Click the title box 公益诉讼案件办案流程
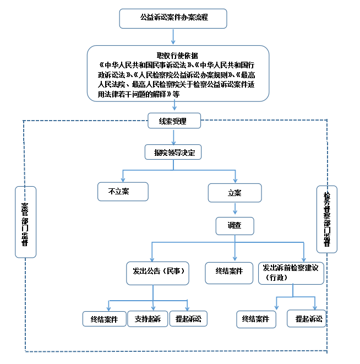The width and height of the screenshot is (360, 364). point(173,18)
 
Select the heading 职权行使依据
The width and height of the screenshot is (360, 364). point(177,55)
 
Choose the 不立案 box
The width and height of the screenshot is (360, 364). point(122,192)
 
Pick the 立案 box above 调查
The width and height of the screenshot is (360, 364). point(235,193)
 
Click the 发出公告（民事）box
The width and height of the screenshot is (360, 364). point(158,271)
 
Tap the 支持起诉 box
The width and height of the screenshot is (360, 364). point(148,319)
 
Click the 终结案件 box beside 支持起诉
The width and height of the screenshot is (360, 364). point(105,319)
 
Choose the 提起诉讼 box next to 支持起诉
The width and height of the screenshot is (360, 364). point(188,319)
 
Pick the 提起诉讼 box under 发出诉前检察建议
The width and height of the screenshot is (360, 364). point(306,319)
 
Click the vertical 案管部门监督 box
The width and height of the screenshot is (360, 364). point(25,222)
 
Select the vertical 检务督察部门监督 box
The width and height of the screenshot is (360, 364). point(327,219)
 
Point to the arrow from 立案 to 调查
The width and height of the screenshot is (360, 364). point(235,209)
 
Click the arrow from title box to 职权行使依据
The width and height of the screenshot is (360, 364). point(173,36)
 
